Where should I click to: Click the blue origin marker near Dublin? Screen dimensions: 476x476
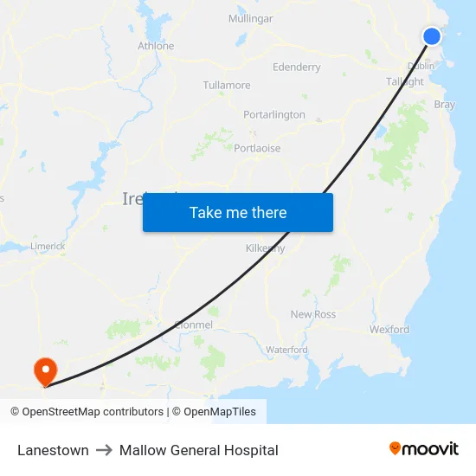tap(432, 35)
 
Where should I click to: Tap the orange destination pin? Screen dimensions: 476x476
tap(44, 371)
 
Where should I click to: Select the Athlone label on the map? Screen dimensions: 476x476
tap(156, 46)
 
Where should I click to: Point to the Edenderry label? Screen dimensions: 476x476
tap(296, 67)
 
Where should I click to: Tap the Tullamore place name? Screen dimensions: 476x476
tap(227, 86)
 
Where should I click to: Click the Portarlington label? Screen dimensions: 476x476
tap(274, 114)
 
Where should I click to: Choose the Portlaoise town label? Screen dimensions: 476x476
tap(257, 148)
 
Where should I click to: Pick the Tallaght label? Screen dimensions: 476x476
tap(405, 81)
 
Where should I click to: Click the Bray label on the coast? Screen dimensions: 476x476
tap(444, 105)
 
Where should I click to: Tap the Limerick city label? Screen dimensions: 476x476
tap(48, 246)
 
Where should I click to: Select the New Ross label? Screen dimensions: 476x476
tap(312, 314)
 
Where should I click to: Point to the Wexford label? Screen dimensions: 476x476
tap(389, 330)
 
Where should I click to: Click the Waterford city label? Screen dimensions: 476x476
tap(286, 350)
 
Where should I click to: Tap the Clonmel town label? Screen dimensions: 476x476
tap(193, 325)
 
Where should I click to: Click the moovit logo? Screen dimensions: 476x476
tap(423, 449)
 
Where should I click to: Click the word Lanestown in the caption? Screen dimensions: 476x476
tap(53, 450)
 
